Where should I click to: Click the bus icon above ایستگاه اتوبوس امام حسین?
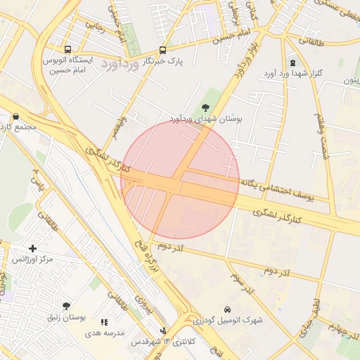point(67,50)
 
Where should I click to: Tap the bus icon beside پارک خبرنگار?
point(162,50)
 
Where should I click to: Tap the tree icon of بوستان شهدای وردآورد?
point(205,108)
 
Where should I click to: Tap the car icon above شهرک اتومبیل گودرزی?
point(227,309)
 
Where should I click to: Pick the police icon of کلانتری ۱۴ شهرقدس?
point(164,330)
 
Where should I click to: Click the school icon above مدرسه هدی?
point(104,322)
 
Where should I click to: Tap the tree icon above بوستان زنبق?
point(66,306)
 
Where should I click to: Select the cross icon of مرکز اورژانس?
point(32,248)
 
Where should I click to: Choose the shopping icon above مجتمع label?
point(15,117)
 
